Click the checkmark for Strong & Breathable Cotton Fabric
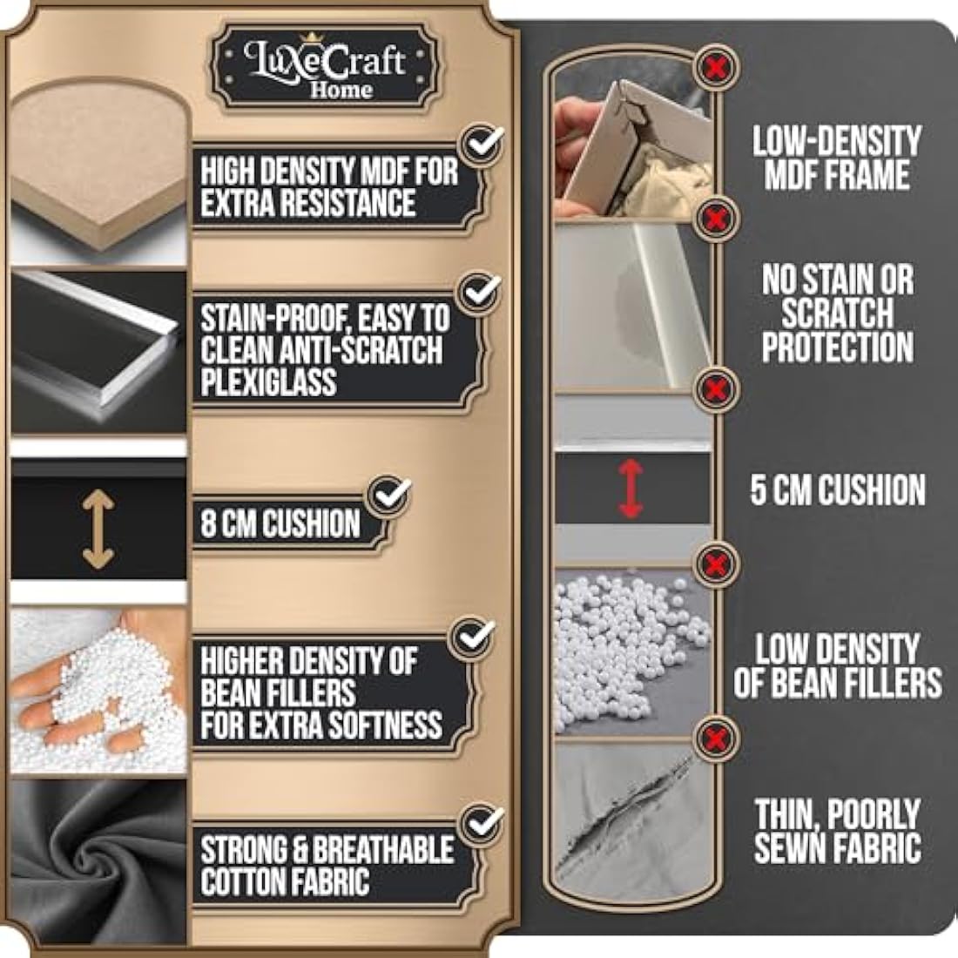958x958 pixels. click(x=482, y=824)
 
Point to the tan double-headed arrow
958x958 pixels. click(x=98, y=530)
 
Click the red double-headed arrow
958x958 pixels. click(x=631, y=489)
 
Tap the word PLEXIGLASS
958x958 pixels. click(x=268, y=383)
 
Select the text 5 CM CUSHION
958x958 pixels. click(x=838, y=489)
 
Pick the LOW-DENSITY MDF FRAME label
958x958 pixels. click(x=837, y=158)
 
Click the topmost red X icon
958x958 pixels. click(x=716, y=67)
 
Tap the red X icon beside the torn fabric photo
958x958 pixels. click(x=716, y=738)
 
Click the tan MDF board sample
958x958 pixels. click(x=98, y=165)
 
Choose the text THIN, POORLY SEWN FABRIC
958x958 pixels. click(x=837, y=831)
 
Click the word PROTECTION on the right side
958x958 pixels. click(x=838, y=347)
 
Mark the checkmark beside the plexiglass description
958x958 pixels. click(x=480, y=292)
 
